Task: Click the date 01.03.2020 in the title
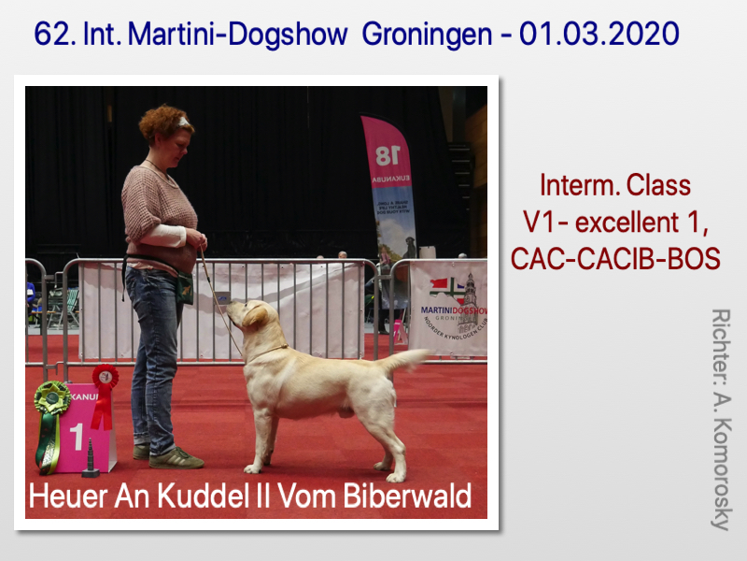coord(599,34)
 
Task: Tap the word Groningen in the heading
coord(427,36)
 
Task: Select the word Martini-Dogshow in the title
coord(238,35)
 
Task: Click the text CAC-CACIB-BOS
coord(615,259)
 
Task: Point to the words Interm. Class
coord(615,185)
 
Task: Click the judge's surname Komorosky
coord(721,474)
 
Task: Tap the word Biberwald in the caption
coord(407,496)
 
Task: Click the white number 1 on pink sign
coord(78,437)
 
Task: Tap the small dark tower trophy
coord(91,459)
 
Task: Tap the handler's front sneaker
coord(176,459)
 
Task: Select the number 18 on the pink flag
coord(388,155)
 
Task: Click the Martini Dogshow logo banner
coord(448,308)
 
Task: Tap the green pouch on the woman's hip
coord(185,288)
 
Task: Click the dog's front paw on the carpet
coord(253,468)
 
